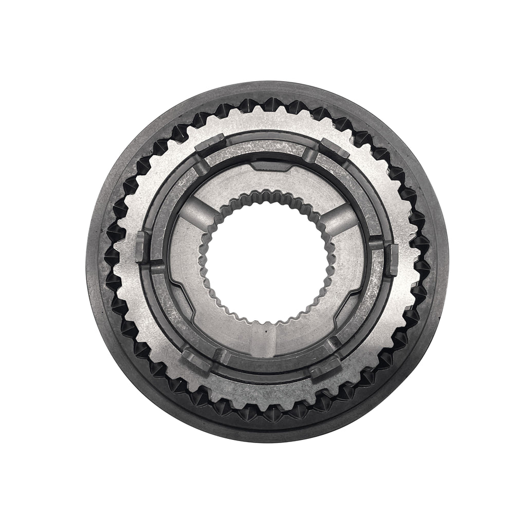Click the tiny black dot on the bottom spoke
tap(267, 332)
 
